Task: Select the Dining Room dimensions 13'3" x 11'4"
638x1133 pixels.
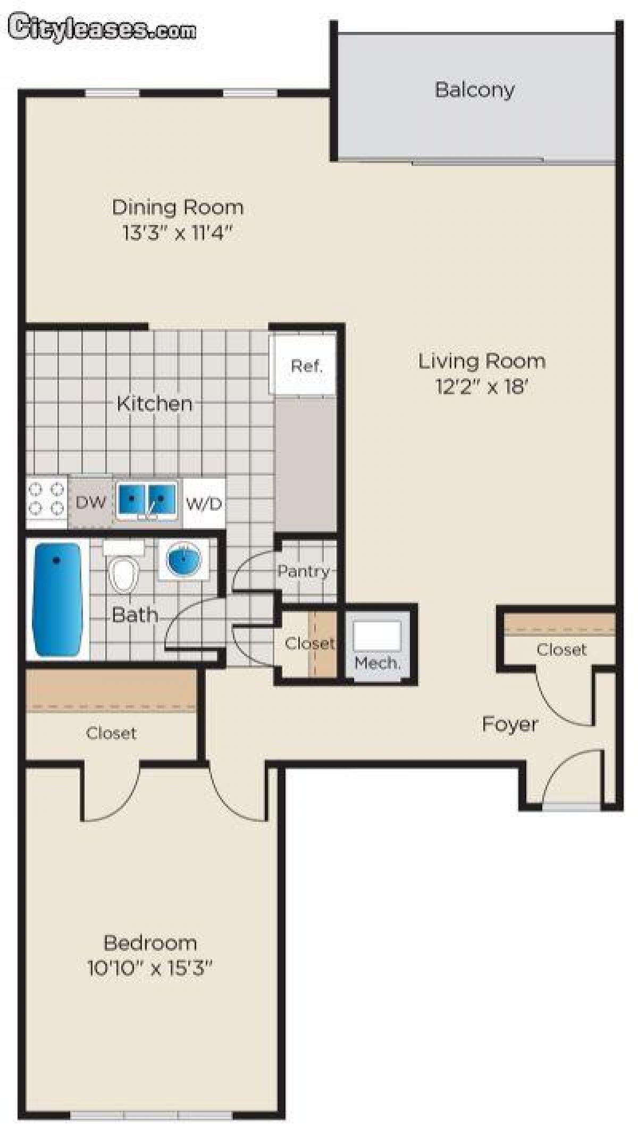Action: point(178,233)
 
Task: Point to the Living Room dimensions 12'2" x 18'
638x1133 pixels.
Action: point(481,387)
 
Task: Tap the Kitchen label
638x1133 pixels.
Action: point(154,403)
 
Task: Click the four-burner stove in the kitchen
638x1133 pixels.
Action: point(46,498)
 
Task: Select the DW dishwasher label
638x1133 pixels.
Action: point(90,502)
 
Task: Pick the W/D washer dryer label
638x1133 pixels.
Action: point(204,503)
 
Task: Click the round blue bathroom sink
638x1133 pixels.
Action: point(184,560)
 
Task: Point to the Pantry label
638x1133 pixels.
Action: point(303,571)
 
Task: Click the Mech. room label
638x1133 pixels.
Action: point(377,663)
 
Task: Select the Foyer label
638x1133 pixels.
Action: point(509,724)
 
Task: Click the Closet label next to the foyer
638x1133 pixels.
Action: point(561,649)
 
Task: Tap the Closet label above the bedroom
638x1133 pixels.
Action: point(111,733)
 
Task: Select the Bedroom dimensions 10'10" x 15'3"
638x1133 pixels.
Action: point(149,968)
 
